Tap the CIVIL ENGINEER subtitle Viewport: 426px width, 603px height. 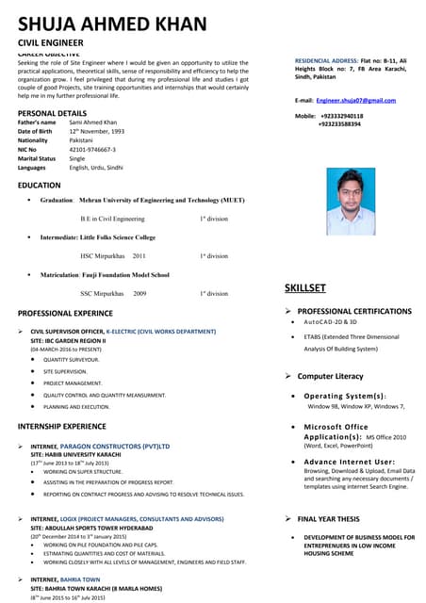(x=57, y=43)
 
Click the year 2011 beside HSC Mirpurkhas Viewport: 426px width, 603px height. (x=139, y=255)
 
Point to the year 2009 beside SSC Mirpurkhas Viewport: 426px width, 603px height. (x=139, y=293)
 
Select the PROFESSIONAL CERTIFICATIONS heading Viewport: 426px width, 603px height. (x=354, y=311)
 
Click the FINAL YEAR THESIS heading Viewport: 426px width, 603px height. (x=328, y=519)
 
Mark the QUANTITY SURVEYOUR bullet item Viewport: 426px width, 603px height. (x=71, y=359)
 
